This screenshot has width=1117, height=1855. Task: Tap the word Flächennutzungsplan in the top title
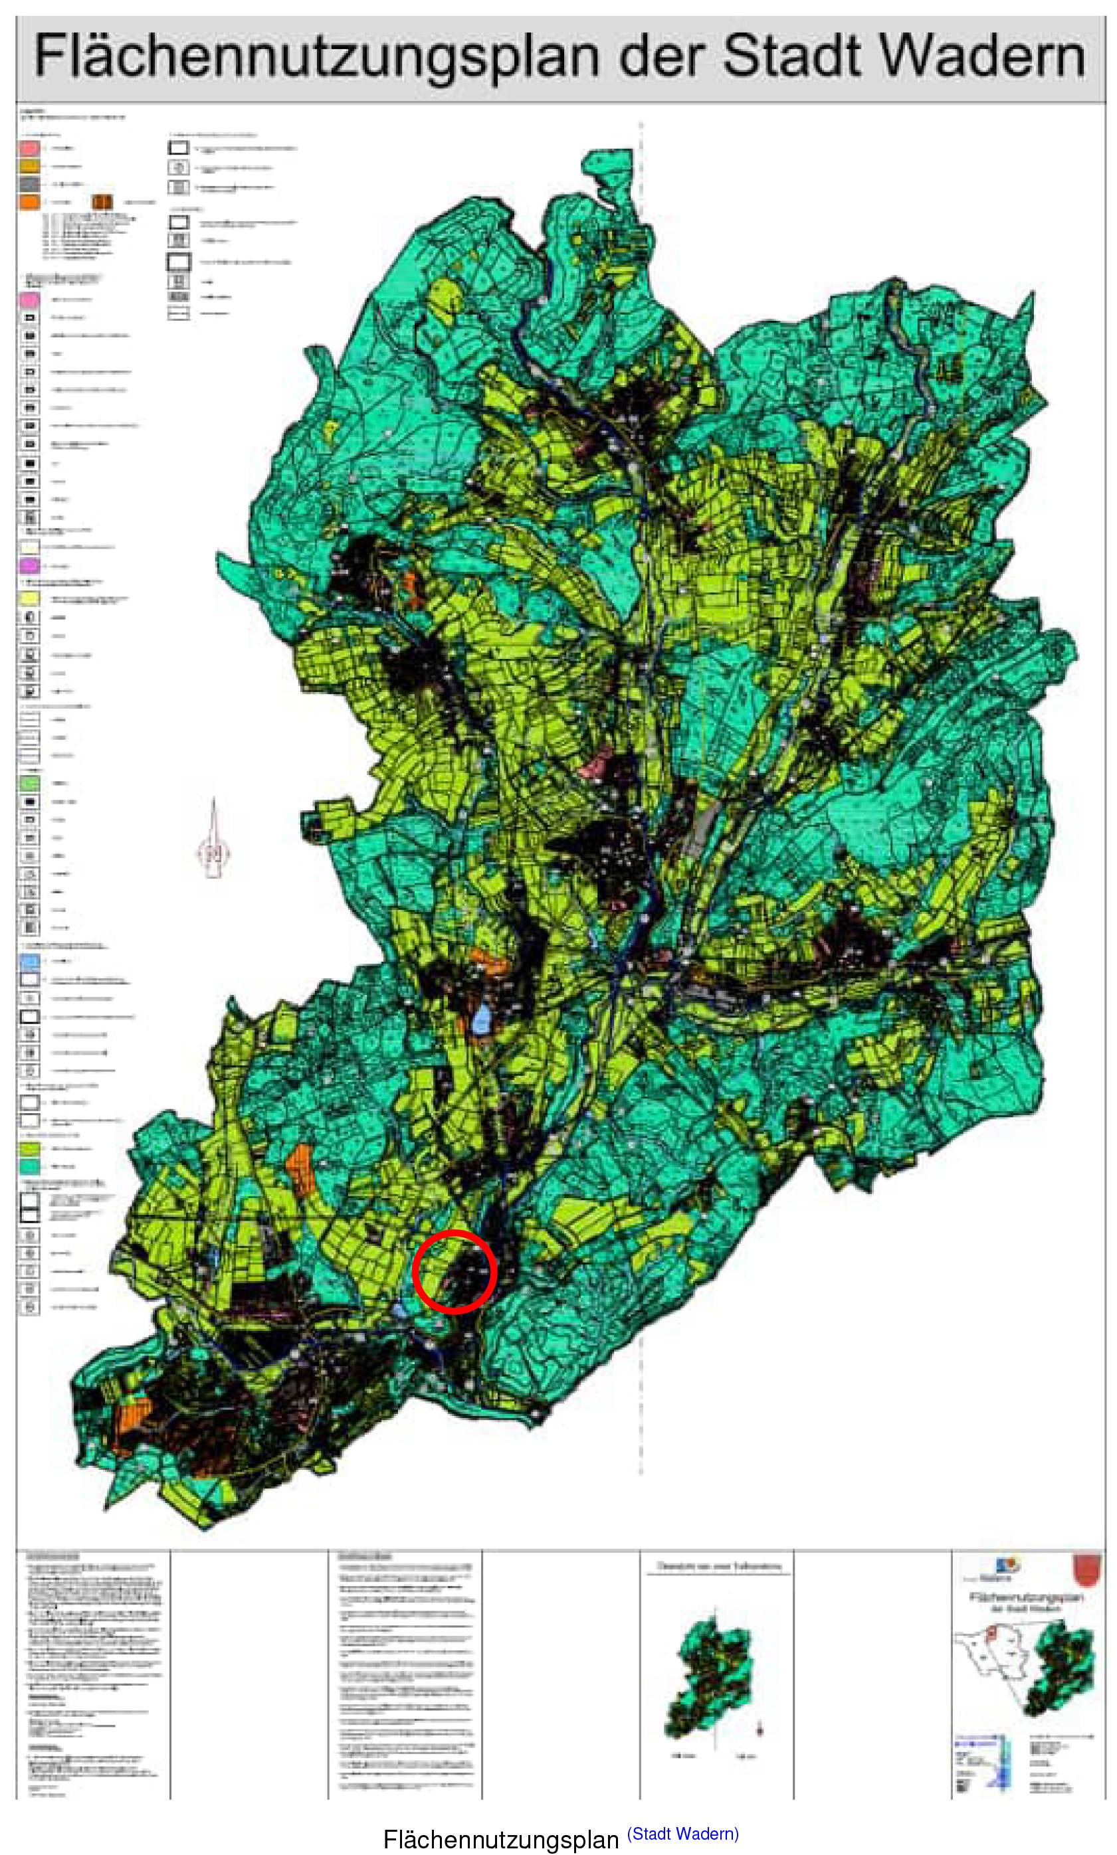point(317,58)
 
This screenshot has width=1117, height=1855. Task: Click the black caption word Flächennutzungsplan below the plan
point(500,1838)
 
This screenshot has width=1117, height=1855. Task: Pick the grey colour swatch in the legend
point(29,183)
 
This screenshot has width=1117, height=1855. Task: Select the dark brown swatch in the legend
point(102,202)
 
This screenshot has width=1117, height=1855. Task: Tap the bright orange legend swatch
point(29,202)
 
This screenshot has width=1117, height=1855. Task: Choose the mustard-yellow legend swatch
point(29,165)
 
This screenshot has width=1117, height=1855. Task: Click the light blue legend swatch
point(29,960)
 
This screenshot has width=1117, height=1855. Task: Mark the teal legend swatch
point(29,1165)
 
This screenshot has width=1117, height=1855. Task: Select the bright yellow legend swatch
point(29,598)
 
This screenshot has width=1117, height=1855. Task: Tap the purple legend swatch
point(29,565)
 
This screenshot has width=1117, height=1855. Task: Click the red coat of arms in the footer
point(1086,1570)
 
